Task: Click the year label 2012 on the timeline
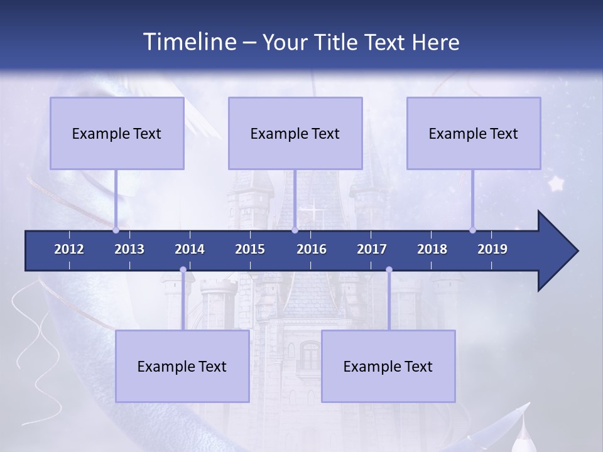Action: click(69, 249)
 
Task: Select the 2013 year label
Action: click(129, 249)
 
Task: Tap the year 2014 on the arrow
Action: click(190, 249)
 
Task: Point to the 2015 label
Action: click(250, 249)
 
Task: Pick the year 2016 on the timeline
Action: click(312, 249)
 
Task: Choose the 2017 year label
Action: click(372, 249)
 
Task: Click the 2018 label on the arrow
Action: click(432, 249)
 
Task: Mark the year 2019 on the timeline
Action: click(492, 249)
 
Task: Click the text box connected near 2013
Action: click(117, 133)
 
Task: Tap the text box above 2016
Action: click(295, 133)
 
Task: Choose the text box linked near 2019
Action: click(474, 133)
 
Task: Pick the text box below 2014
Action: click(182, 366)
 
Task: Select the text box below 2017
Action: click(388, 366)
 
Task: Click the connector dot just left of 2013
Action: click(116, 230)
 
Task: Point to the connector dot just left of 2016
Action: click(295, 230)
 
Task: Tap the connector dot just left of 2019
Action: click(472, 230)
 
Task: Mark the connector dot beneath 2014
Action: click(183, 270)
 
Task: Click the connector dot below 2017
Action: click(389, 270)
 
